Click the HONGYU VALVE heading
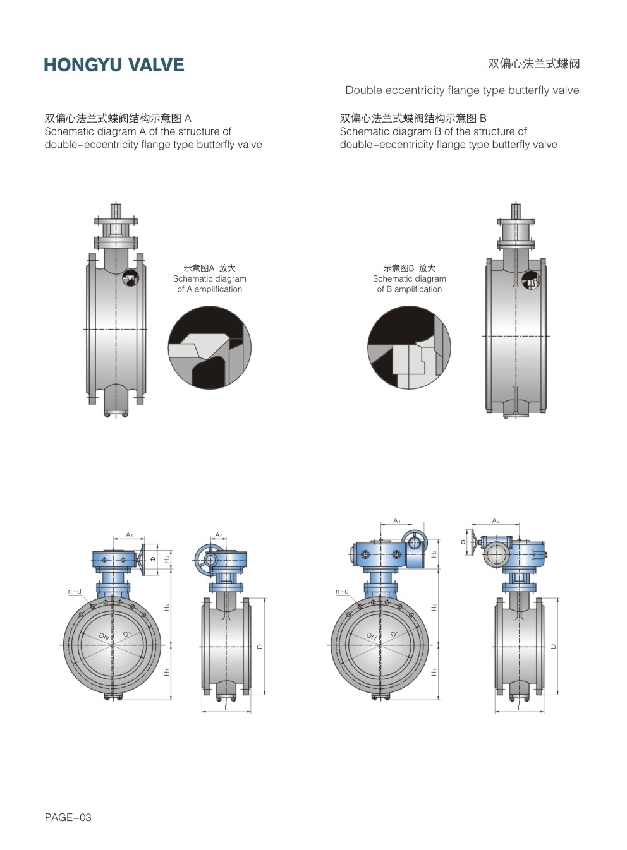point(114,65)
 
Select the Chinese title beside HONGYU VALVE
point(533,63)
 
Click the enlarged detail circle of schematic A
point(210,347)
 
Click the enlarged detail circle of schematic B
point(409,347)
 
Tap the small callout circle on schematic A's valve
point(130,278)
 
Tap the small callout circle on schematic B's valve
point(530,280)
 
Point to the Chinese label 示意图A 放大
point(210,268)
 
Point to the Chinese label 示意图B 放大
point(409,268)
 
